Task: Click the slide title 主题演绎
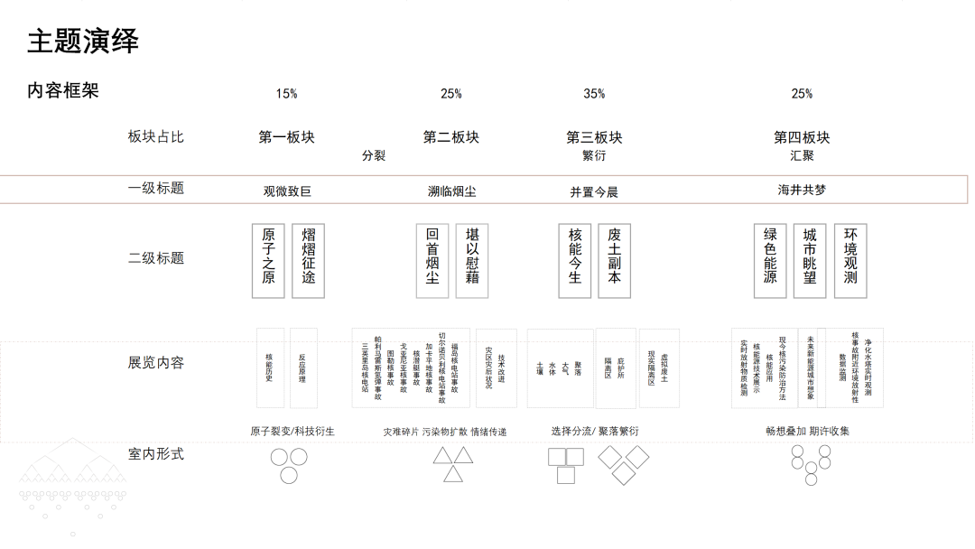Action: point(83,42)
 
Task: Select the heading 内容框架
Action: point(63,91)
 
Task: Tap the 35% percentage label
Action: point(594,94)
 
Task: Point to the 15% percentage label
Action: point(286,94)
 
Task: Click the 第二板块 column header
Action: point(451,137)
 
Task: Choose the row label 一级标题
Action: point(156,189)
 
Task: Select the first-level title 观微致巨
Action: point(287,191)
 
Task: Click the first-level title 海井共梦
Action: point(802,191)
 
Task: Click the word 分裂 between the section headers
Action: point(374,155)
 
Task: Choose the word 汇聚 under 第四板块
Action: point(802,155)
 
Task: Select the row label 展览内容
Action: point(156,363)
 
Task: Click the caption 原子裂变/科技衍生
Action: point(292,432)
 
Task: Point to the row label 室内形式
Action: point(156,453)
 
